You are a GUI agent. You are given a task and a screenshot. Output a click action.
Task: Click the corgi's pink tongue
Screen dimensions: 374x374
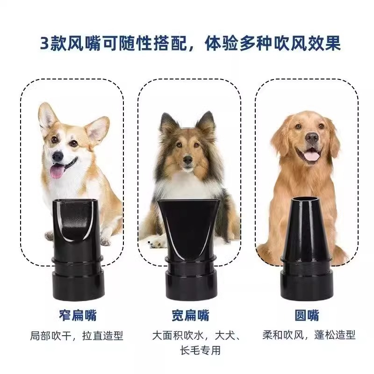pyautogui.click(x=57, y=171)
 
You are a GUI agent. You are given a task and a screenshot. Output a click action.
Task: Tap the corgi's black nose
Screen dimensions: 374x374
pyautogui.click(x=58, y=156)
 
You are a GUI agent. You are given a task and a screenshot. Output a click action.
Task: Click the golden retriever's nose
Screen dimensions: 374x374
pyautogui.click(x=312, y=137)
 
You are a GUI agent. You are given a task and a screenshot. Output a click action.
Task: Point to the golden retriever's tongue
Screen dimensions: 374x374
pyautogui.click(x=310, y=156)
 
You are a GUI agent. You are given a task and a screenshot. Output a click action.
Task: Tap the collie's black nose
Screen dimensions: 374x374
pyautogui.click(x=188, y=159)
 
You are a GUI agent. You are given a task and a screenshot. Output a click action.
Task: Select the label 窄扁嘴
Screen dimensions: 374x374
pyautogui.click(x=78, y=315)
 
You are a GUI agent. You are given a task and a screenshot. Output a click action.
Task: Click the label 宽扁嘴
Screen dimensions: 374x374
pyautogui.click(x=190, y=315)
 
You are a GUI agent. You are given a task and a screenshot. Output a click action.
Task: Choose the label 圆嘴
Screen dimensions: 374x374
pyautogui.click(x=307, y=315)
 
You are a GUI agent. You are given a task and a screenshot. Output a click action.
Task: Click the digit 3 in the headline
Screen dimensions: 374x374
pyautogui.click(x=44, y=43)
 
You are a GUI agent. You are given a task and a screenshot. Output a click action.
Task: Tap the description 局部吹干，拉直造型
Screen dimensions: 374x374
pyautogui.click(x=76, y=336)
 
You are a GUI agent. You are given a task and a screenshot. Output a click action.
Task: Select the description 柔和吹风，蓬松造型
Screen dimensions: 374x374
pyautogui.click(x=309, y=335)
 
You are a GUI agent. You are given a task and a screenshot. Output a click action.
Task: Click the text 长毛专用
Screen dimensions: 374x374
pyautogui.click(x=201, y=350)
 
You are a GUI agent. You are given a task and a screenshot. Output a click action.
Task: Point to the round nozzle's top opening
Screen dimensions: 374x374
pyautogui.click(x=305, y=199)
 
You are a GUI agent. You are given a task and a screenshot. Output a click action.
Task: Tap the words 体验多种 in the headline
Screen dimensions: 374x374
pyautogui.click(x=238, y=43)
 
